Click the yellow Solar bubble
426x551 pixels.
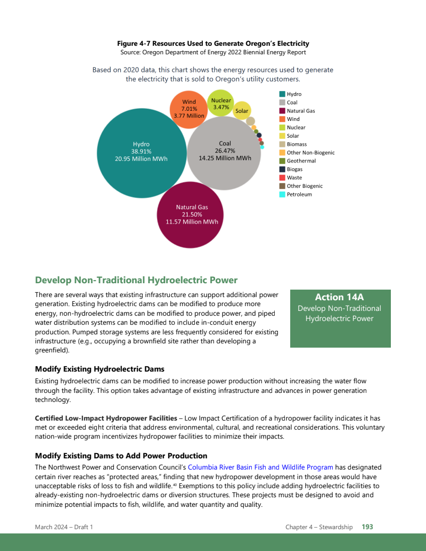tap(242, 111)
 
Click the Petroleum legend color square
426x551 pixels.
tap(282, 194)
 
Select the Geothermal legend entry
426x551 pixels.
tap(301, 161)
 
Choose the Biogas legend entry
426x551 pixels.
tap(294, 169)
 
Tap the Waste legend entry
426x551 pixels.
tap(294, 178)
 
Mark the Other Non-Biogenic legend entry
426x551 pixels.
tap(310, 153)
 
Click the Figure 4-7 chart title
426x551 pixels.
tap(213, 44)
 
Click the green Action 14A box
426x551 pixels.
tap(340, 318)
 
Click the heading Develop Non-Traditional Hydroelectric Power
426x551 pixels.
tap(136, 280)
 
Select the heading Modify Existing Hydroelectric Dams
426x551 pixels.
tap(100, 369)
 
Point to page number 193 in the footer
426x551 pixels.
tap(367, 527)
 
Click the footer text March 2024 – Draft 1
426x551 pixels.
tap(64, 527)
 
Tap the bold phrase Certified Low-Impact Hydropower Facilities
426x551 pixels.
tap(106, 418)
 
